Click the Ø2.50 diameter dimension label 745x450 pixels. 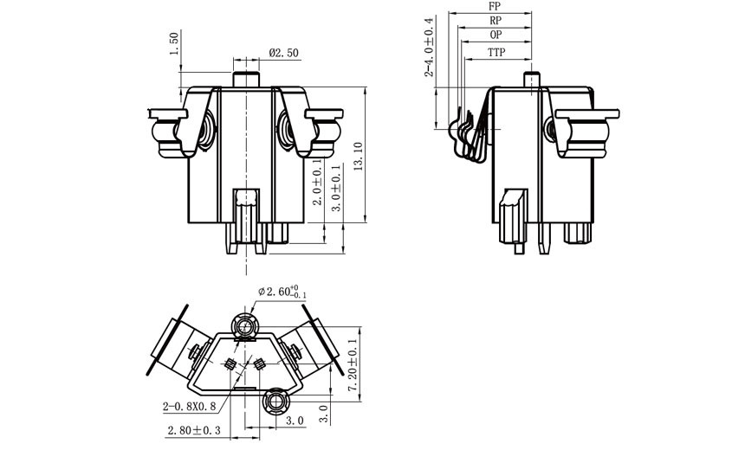click(x=284, y=53)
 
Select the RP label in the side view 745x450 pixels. click(x=495, y=20)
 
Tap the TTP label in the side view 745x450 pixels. click(x=496, y=52)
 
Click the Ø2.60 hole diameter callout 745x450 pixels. click(x=278, y=292)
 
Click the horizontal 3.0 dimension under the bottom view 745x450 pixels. click(x=294, y=421)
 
